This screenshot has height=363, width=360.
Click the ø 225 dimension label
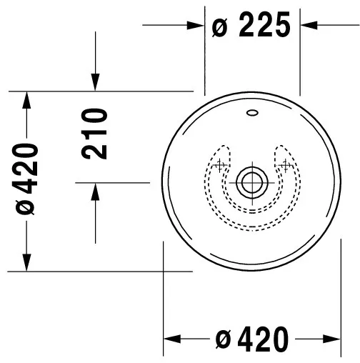click(252, 26)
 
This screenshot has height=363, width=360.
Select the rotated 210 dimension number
click(95, 134)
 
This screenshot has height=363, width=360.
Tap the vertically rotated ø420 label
click(26, 179)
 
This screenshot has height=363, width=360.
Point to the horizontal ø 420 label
click(253, 338)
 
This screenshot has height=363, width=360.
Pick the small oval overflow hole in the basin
click(253, 112)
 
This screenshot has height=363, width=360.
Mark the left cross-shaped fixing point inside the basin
click(220, 166)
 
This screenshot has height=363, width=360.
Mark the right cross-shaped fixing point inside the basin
click(287, 166)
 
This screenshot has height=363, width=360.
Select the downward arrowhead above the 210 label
click(96, 84)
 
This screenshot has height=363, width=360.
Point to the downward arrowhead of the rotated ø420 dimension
click(26, 264)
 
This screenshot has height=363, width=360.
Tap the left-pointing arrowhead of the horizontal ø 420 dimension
click(172, 338)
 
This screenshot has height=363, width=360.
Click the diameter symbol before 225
click(220, 27)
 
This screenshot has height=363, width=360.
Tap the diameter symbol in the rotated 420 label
click(26, 207)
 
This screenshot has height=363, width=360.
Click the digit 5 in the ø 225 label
click(281, 26)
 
